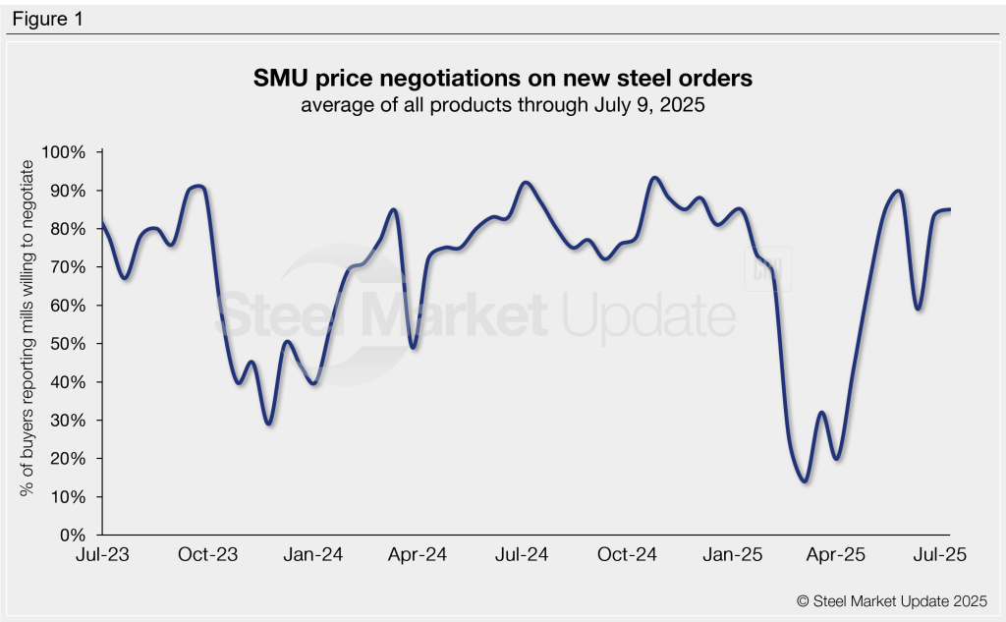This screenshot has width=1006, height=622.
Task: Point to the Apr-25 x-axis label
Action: pos(837,555)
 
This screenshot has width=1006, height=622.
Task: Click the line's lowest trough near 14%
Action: pos(805,481)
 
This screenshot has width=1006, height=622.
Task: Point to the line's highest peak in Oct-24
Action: pos(654,179)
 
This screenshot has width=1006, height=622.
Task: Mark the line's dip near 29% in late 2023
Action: pos(268,424)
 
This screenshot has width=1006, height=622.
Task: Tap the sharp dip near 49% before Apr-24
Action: pos(413,347)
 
